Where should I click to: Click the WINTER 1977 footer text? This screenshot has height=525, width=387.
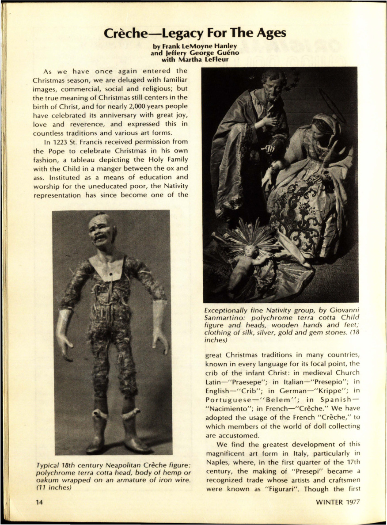(x=338, y=502)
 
